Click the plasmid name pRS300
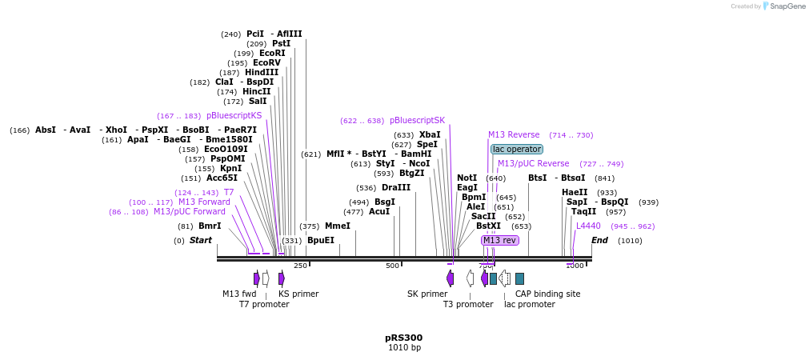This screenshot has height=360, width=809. pos(403,338)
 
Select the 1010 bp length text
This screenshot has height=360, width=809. pos(403,348)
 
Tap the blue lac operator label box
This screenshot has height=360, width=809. pos(516,150)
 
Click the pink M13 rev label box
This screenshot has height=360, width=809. pos(499,240)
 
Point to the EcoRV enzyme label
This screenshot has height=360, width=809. pos(266,62)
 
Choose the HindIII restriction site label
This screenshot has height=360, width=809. pos(262,72)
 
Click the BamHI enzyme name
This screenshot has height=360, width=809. pos(416,154)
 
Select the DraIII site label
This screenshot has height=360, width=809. pos(396,187)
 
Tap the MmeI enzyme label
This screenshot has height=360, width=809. pos(337,226)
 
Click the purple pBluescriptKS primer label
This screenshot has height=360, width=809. pos(234,115)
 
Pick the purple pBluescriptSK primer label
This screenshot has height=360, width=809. pos(417,121)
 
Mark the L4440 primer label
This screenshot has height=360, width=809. pos(588,226)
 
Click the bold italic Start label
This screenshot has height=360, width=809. pos(200,240)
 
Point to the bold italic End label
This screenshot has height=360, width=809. pos(599,240)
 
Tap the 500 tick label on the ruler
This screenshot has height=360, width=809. pos(392,266)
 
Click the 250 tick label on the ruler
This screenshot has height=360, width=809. pos(300,266)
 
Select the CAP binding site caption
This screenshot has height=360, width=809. pos(547,294)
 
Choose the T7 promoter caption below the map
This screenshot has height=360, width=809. pos(264,304)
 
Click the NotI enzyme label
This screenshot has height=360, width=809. pos(467,178)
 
